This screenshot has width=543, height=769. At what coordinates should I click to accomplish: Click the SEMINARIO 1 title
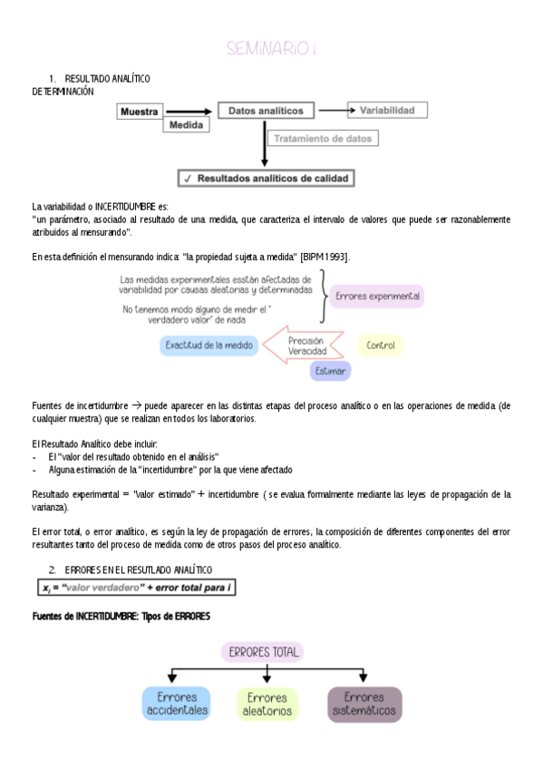(x=271, y=48)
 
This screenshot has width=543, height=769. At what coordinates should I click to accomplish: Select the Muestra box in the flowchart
(x=140, y=112)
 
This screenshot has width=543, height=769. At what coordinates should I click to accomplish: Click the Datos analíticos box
(x=266, y=111)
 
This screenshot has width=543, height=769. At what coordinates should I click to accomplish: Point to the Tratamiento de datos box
(x=323, y=139)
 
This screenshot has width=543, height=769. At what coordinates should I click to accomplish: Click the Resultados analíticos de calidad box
(x=266, y=179)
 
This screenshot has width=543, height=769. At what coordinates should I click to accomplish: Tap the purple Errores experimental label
(x=376, y=297)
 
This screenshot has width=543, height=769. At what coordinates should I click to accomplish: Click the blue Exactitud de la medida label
(x=209, y=345)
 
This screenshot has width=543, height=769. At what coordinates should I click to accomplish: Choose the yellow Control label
(x=381, y=346)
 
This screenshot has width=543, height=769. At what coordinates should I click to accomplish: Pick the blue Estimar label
(x=330, y=371)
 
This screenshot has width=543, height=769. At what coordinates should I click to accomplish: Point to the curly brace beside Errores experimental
(x=322, y=297)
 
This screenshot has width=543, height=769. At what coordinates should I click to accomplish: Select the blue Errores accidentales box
(x=176, y=704)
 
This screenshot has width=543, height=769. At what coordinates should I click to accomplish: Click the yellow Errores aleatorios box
(x=267, y=704)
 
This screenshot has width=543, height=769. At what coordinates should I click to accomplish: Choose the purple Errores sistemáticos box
(x=364, y=704)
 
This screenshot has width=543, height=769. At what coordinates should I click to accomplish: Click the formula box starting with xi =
(x=133, y=588)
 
